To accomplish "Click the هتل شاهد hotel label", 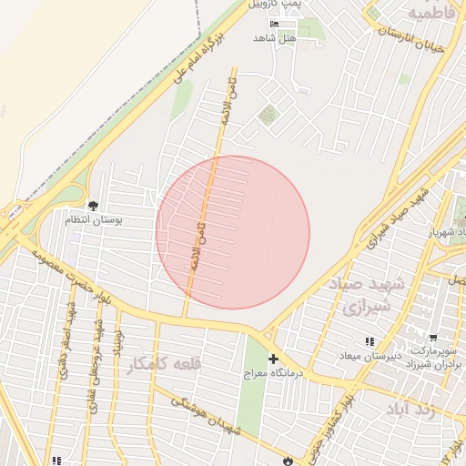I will point(277,38).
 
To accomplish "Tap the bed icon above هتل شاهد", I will point(276,23).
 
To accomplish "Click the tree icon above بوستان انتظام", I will point(93,206).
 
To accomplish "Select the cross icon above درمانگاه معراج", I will point(273,360).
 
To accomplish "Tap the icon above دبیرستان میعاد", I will point(370,341).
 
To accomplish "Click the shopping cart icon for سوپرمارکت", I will point(433,337).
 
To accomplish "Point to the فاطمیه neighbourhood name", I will point(431,15).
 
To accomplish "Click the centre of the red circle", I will point(233,232).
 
